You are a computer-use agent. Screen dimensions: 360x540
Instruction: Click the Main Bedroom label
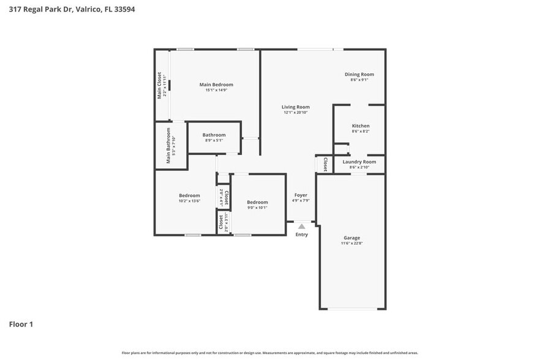click(x=216, y=84)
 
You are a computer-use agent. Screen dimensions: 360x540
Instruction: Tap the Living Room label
click(x=296, y=107)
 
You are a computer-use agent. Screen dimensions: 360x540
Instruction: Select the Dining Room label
click(x=359, y=74)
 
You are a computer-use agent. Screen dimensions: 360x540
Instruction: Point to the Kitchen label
click(x=361, y=126)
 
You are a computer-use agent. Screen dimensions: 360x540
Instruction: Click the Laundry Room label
click(x=359, y=162)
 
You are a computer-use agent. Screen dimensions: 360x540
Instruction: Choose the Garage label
click(x=351, y=238)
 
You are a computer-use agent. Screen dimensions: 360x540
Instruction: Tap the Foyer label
click(x=301, y=195)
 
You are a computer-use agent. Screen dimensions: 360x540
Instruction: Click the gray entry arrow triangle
click(x=301, y=226)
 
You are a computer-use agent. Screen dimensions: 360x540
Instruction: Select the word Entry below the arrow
click(x=302, y=234)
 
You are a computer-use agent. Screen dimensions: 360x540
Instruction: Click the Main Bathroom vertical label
click(x=168, y=146)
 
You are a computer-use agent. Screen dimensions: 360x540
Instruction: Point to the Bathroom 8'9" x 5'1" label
click(x=214, y=135)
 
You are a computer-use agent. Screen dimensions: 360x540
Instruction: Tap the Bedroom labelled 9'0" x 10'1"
click(x=257, y=202)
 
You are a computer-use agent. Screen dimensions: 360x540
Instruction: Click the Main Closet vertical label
click(x=159, y=85)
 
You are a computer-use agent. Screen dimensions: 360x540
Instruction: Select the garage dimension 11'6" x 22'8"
click(x=351, y=244)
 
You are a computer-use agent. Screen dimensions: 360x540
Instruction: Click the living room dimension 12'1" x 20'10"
click(x=296, y=113)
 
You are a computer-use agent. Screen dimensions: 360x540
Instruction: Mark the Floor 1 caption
click(x=21, y=324)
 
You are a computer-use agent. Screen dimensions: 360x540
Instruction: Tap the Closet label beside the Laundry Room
click(x=325, y=164)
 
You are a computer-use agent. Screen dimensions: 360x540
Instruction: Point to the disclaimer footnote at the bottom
click(x=269, y=353)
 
